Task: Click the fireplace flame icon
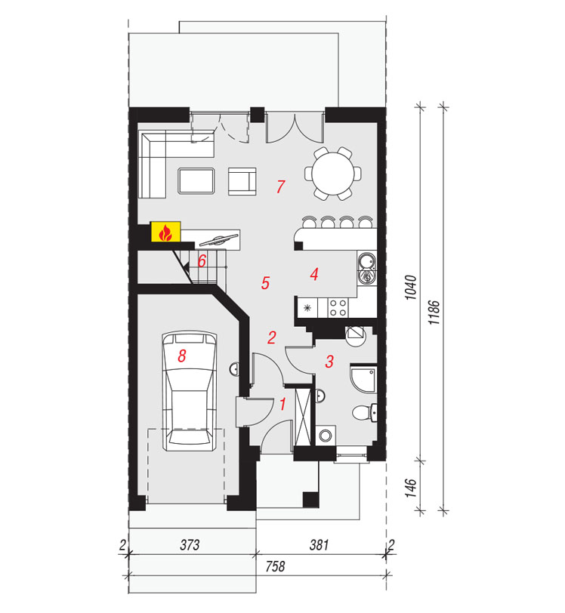[x=165, y=233]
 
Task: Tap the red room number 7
[x=280, y=186]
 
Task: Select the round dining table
[x=333, y=173]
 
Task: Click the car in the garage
[x=190, y=391]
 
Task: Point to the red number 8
[x=181, y=356]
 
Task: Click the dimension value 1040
[x=410, y=288]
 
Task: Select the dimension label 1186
[x=434, y=313]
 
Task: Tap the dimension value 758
[x=276, y=565]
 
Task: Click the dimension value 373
[x=190, y=544]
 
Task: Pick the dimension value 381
[x=319, y=544]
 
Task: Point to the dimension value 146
[x=410, y=488]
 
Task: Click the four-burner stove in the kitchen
[x=338, y=307]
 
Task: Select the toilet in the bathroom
[x=364, y=413]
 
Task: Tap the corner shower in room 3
[x=363, y=379]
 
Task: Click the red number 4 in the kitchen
[x=313, y=274]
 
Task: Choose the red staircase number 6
[x=202, y=260]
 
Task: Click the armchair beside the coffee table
[x=242, y=181]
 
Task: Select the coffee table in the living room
[x=196, y=180]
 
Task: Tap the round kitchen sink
[x=367, y=260]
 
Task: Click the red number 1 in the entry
[x=282, y=404]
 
